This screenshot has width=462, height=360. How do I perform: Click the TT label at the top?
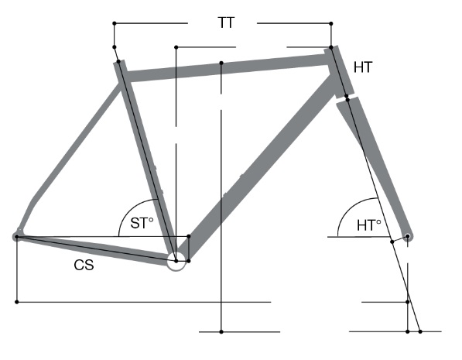(x=226, y=22)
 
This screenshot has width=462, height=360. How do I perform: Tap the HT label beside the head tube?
(x=363, y=67)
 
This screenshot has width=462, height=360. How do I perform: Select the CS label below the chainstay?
(x=84, y=265)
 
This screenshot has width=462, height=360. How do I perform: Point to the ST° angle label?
(x=142, y=223)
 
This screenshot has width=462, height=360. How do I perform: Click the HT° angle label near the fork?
(x=369, y=225)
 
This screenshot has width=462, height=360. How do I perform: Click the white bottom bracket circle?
(x=176, y=261)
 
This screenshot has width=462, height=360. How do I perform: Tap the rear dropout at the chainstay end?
(x=16, y=236)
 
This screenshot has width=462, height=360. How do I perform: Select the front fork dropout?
(x=408, y=236)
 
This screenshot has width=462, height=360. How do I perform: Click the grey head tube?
(x=339, y=72)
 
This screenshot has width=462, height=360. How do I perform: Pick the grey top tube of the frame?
(x=227, y=68)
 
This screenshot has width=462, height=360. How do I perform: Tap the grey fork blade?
(x=375, y=165)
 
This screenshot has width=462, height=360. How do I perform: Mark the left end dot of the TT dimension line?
(x=115, y=23)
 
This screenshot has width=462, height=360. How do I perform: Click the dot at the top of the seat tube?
(x=118, y=61)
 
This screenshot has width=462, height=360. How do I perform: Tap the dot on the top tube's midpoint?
(x=221, y=63)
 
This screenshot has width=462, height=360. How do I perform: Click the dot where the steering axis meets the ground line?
(x=420, y=331)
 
